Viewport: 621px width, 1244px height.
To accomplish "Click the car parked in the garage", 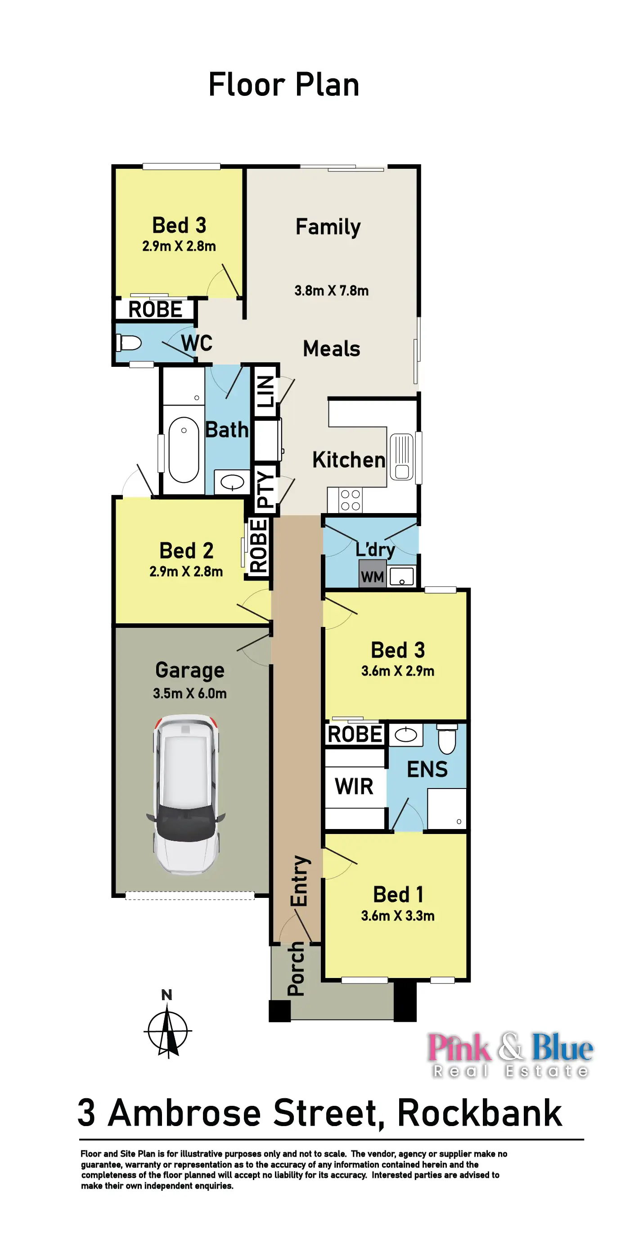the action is click(186, 794).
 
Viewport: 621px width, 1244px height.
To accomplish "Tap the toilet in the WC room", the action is click(129, 343).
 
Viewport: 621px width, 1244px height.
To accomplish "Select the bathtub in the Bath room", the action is click(184, 450).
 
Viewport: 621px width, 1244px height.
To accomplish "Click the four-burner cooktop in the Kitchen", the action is click(350, 500).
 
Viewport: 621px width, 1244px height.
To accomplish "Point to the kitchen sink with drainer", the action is click(402, 457).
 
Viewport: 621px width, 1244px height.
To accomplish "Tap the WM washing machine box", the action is click(372, 576).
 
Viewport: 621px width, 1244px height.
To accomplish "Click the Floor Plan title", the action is click(283, 85).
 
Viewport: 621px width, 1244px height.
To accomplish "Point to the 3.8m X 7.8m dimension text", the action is click(331, 291).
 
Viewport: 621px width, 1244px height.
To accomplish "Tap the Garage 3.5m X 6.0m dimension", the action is click(190, 694).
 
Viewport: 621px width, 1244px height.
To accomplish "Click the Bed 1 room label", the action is click(398, 894).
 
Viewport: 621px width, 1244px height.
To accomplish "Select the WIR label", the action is click(354, 787).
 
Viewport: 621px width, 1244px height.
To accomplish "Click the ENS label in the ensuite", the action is click(427, 769).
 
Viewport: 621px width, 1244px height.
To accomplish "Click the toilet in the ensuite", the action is click(447, 739).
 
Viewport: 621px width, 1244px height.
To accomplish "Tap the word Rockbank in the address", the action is click(480, 1113).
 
